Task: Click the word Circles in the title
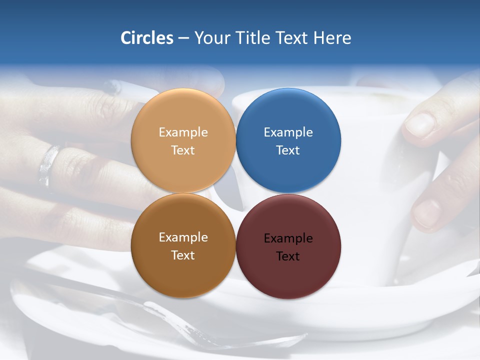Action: click(146, 38)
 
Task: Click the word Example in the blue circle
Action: click(288, 132)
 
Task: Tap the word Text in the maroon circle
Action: click(288, 256)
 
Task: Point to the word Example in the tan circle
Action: click(183, 132)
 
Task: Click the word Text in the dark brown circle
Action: click(183, 255)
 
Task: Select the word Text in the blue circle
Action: click(288, 150)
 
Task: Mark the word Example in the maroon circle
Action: click(288, 238)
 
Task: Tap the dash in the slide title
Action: click(183, 38)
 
